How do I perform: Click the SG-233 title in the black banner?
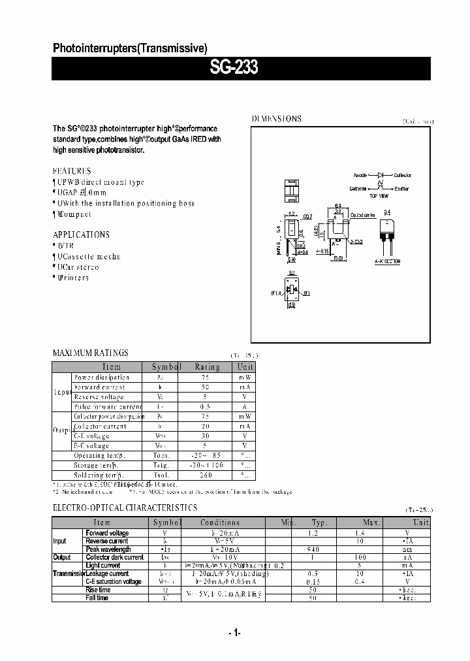(x=234, y=68)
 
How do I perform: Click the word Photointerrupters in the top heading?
(x=94, y=48)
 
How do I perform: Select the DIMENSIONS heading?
(x=277, y=119)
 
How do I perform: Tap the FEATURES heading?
(x=72, y=170)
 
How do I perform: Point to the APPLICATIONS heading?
(x=81, y=234)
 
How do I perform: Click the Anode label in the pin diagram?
(x=360, y=176)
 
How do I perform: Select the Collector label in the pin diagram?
(x=403, y=176)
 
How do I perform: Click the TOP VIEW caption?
(x=379, y=196)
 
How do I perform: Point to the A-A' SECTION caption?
(x=387, y=261)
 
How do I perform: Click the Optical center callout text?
(x=362, y=215)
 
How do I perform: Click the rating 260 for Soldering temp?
(x=206, y=475)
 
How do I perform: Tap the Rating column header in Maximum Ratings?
(x=206, y=367)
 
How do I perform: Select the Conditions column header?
(x=220, y=523)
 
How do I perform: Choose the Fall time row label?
(x=97, y=598)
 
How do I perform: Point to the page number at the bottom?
(x=235, y=632)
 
